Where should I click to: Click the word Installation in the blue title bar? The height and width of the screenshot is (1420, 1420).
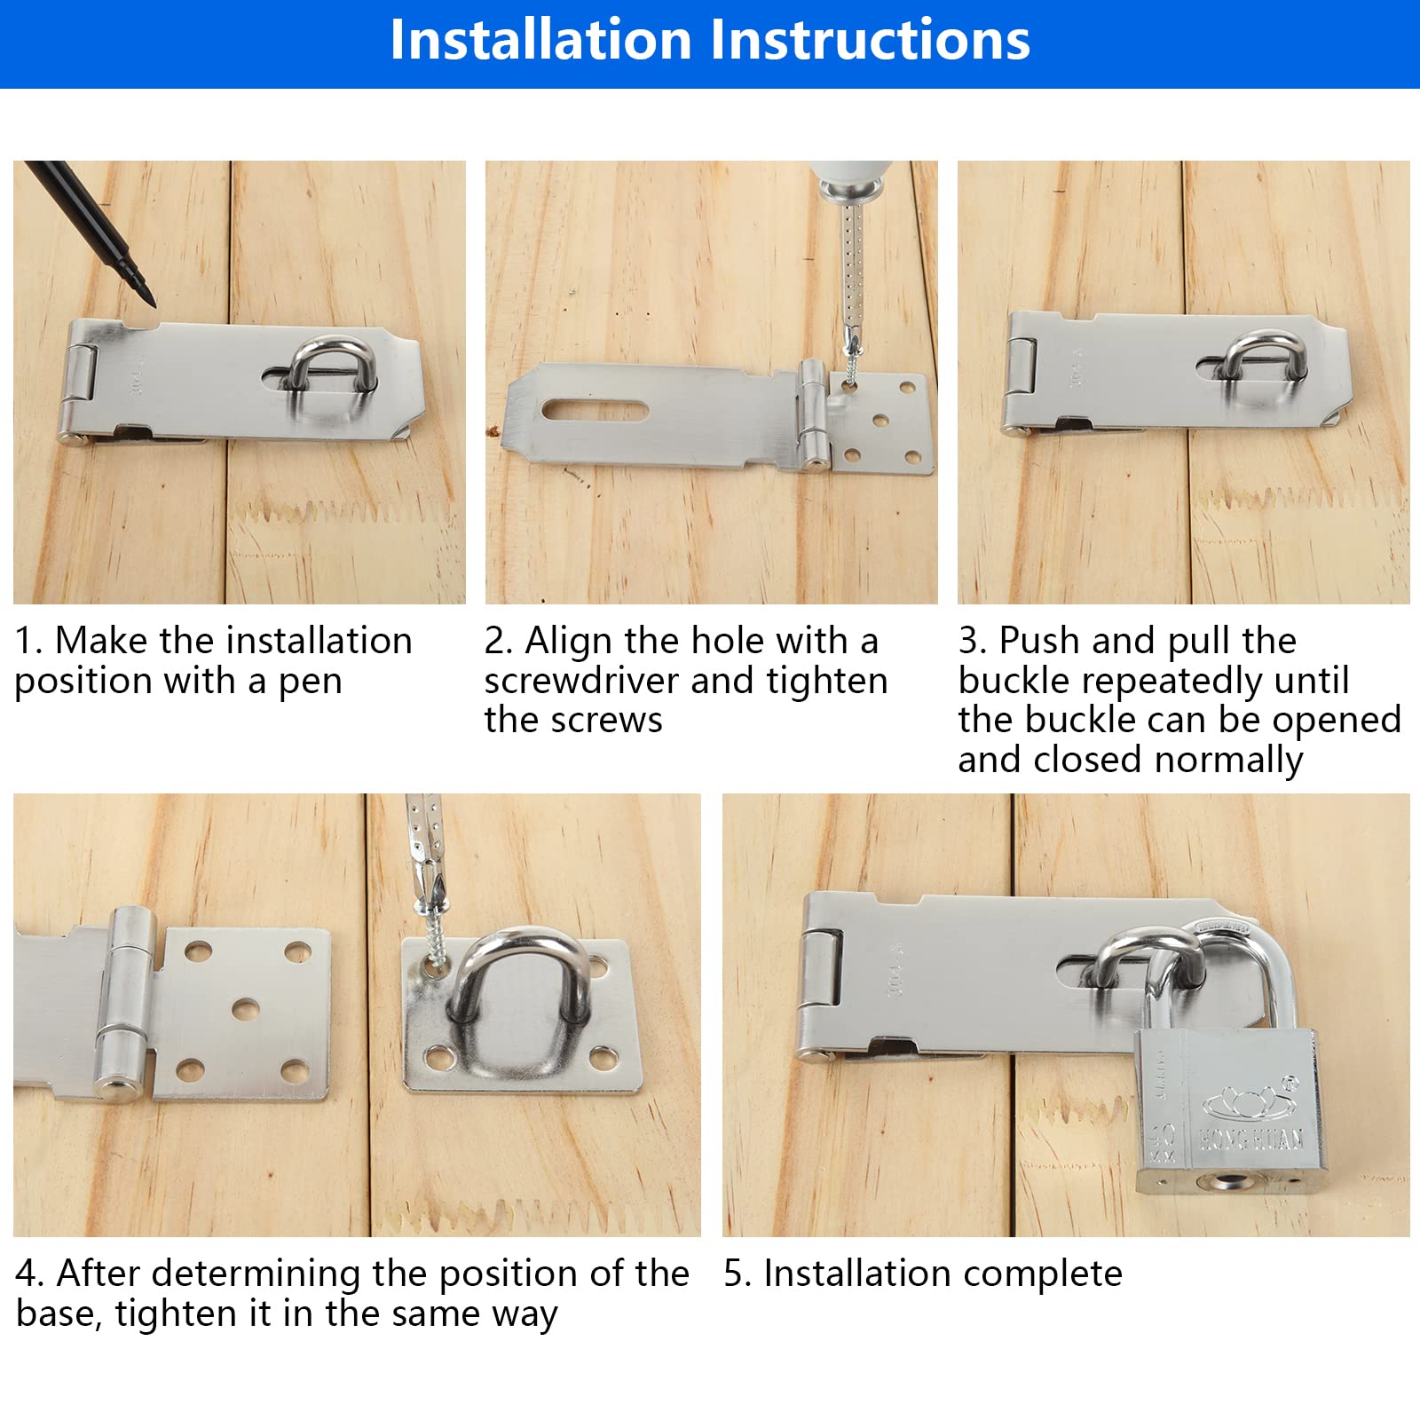tap(540, 40)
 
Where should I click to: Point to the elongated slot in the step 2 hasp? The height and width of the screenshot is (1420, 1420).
tap(596, 410)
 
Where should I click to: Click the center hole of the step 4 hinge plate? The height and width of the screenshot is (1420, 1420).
tap(245, 1009)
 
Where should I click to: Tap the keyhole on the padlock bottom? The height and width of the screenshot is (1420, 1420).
tap(1230, 1181)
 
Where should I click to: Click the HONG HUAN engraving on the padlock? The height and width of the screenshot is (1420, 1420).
tap(1251, 1139)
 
